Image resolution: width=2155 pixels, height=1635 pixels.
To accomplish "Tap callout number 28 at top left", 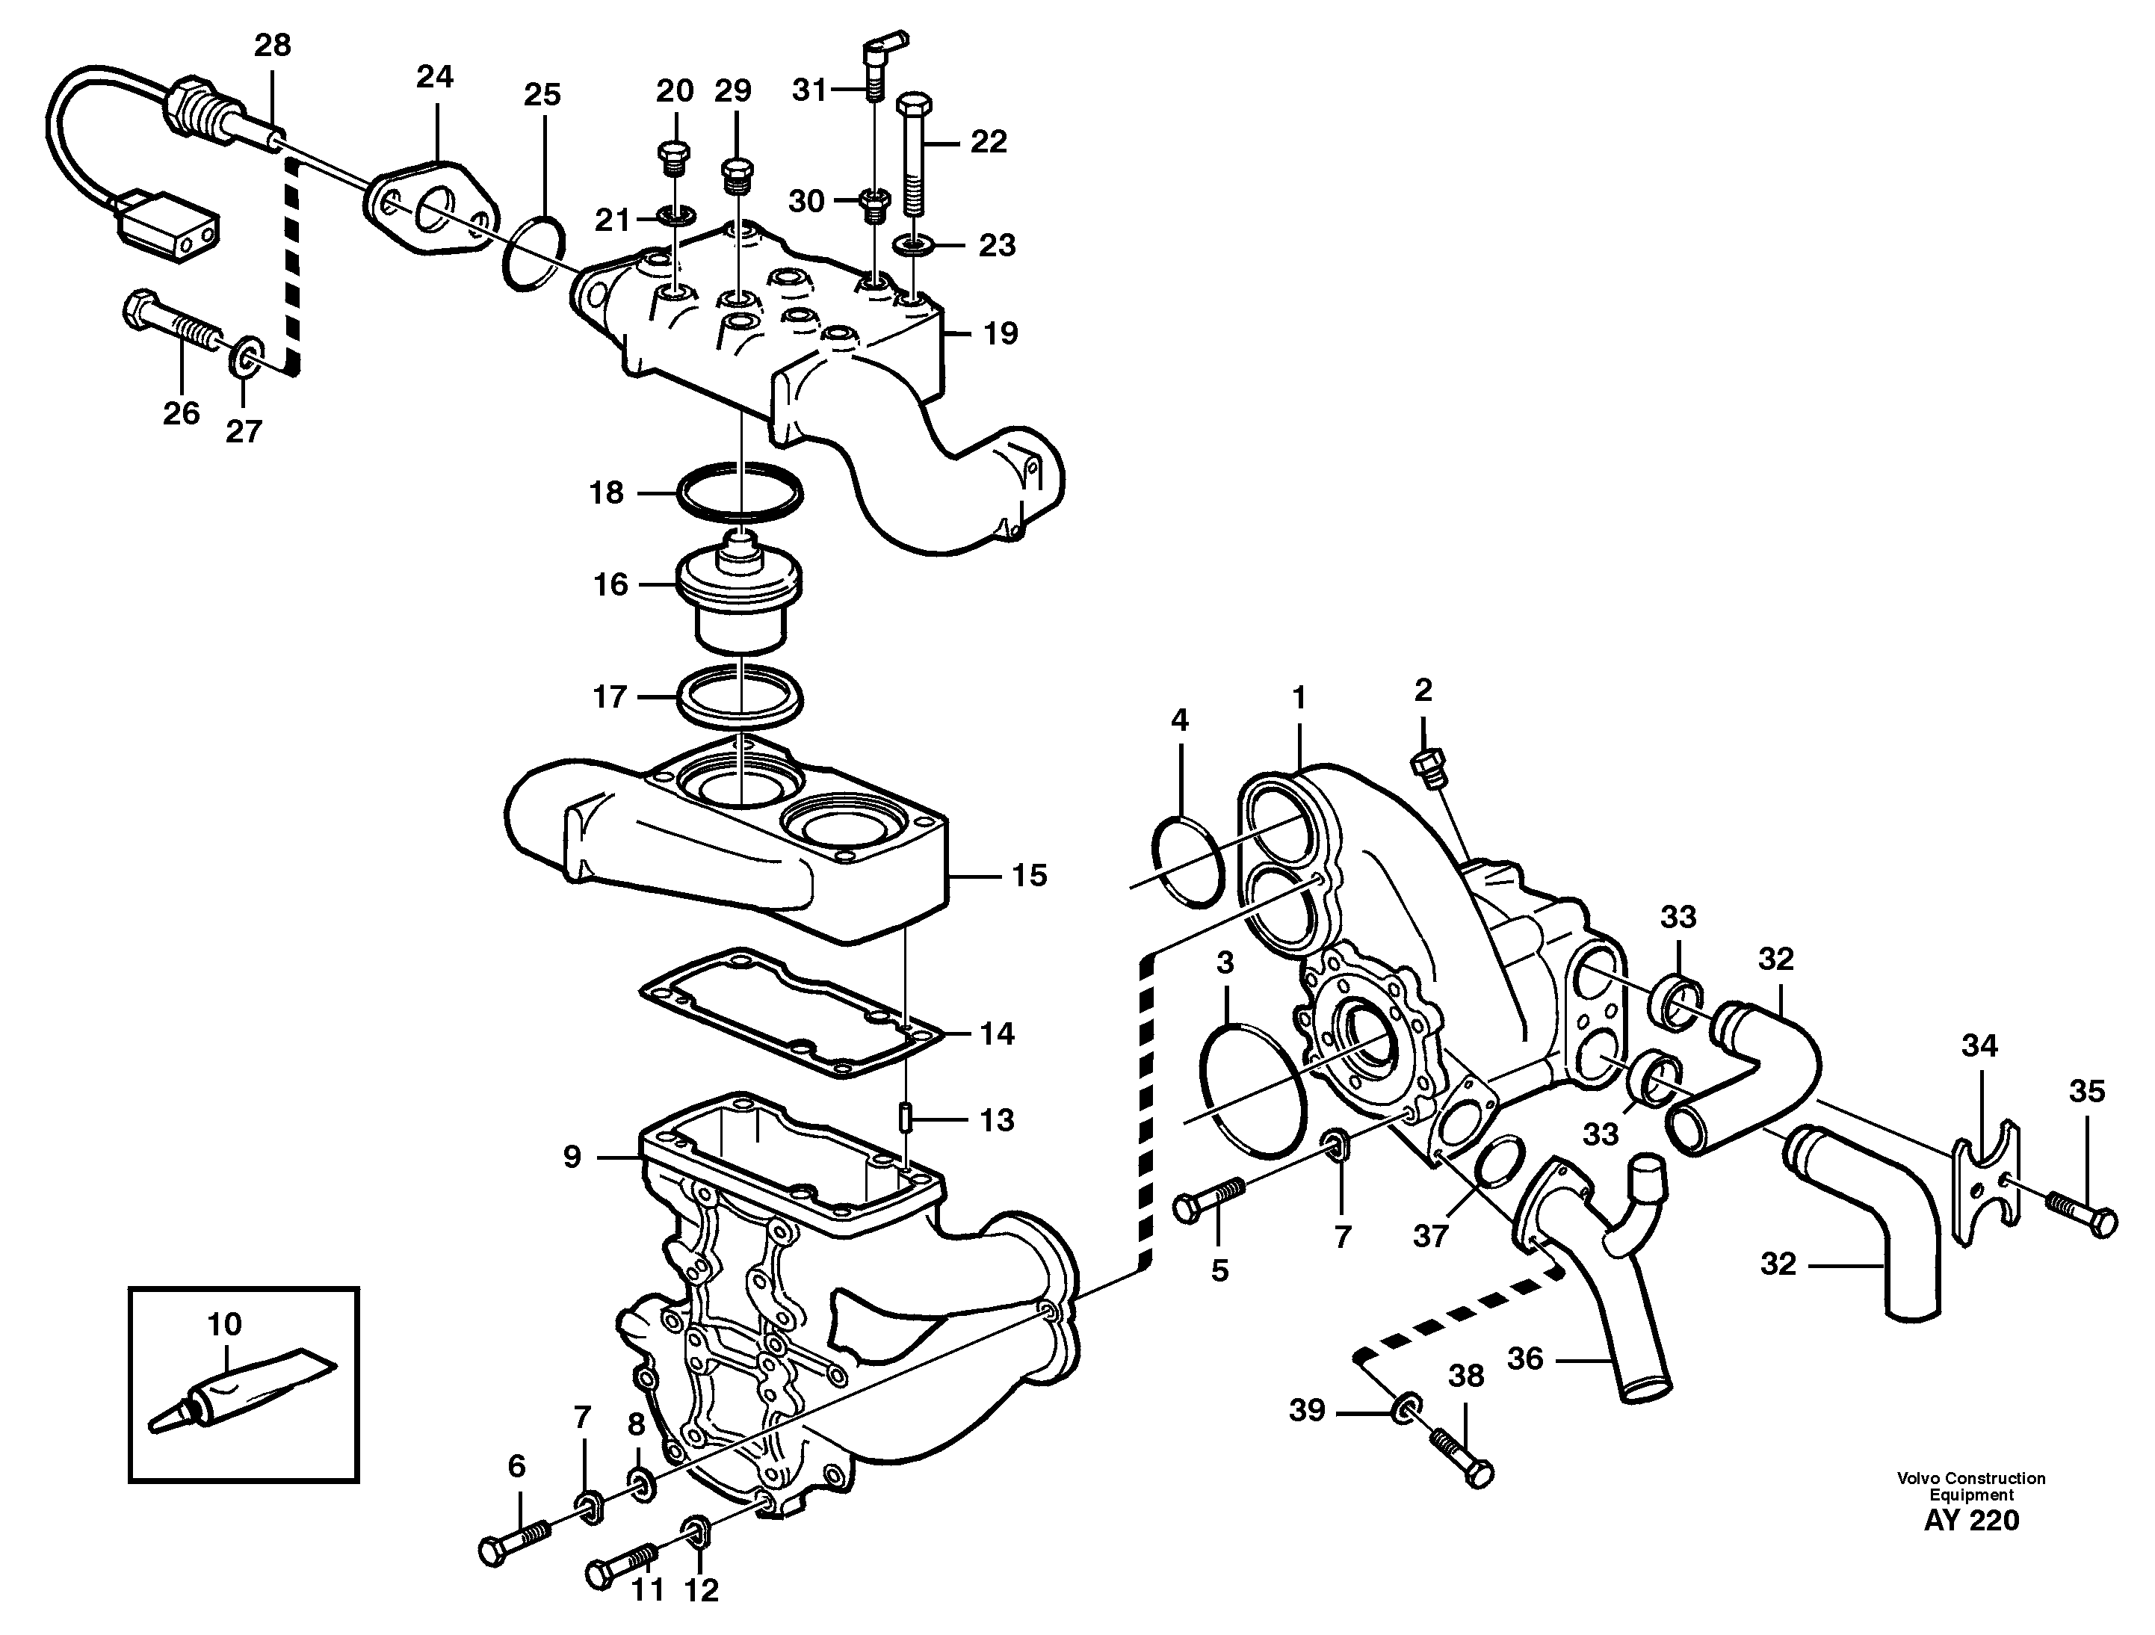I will tap(272, 46).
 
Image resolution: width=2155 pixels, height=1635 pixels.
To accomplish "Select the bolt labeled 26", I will tap(176, 324).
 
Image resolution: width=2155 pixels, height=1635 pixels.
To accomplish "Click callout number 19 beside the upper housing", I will tap(1000, 333).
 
